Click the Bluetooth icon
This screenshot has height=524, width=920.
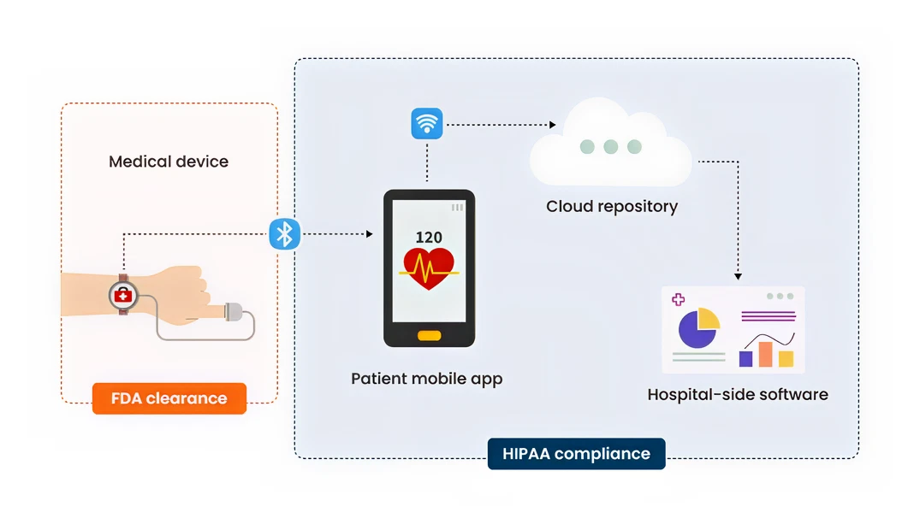point(284,234)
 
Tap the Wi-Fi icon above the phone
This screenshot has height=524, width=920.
point(426,124)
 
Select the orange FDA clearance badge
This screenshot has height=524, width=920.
point(169,398)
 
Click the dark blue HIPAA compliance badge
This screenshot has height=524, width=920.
point(576,454)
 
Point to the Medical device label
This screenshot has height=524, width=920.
point(169,161)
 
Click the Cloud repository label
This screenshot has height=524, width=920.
point(612,206)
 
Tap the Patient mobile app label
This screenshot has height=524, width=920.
point(426,378)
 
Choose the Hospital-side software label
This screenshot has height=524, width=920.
point(738,394)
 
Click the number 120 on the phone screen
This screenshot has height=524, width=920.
point(429,238)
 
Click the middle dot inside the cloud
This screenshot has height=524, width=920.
point(610,147)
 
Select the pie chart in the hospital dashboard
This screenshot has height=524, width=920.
point(697,328)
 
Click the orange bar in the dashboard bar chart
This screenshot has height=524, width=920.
point(766,354)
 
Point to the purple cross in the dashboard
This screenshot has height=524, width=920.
point(679,299)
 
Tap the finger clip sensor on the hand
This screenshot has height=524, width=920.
point(234,313)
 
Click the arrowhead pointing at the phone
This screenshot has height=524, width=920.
point(369,234)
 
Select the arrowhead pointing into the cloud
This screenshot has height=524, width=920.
point(552,125)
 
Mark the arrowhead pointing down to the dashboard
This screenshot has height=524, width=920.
point(738,276)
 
